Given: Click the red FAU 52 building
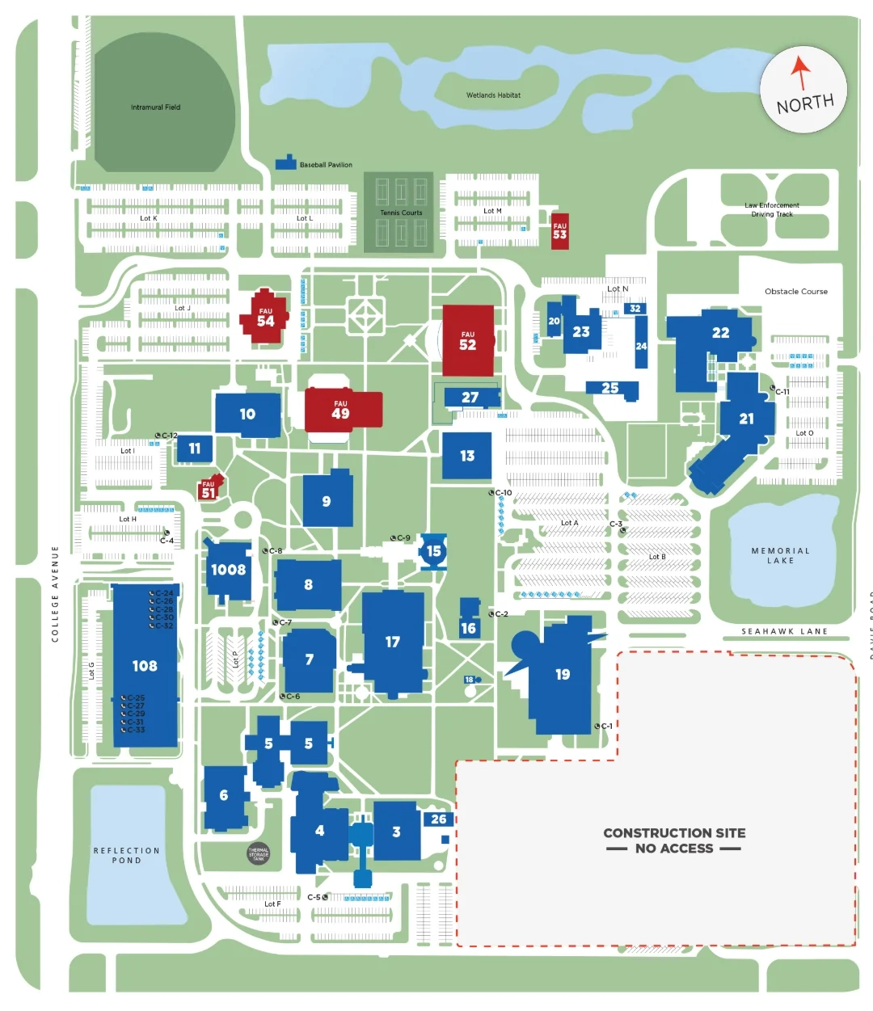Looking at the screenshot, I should [x=468, y=340].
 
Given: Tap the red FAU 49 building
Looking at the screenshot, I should [x=341, y=410].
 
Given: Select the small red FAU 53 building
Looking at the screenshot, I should [x=560, y=231].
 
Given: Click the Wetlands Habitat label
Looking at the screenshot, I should [x=493, y=95].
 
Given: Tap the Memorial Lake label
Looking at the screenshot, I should [x=780, y=555].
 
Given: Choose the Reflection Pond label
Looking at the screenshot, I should [x=127, y=855].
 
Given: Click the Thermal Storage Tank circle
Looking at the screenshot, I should [x=259, y=853].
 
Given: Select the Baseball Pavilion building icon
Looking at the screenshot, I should [x=286, y=162].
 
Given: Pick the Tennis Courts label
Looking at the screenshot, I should [x=401, y=213].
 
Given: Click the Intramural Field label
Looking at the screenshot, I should [x=156, y=107].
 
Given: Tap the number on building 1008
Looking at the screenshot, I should [x=228, y=570].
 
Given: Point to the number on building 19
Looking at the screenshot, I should [x=563, y=674].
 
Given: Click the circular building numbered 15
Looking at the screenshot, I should [x=434, y=551].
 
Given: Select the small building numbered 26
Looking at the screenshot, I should [x=438, y=819].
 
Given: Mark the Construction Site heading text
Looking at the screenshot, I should [x=674, y=832].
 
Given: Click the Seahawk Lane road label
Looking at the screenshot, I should [x=784, y=631].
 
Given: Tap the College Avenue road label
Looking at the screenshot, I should [x=55, y=594].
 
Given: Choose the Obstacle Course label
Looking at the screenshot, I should [x=796, y=292].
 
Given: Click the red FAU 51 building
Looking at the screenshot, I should [x=209, y=490].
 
